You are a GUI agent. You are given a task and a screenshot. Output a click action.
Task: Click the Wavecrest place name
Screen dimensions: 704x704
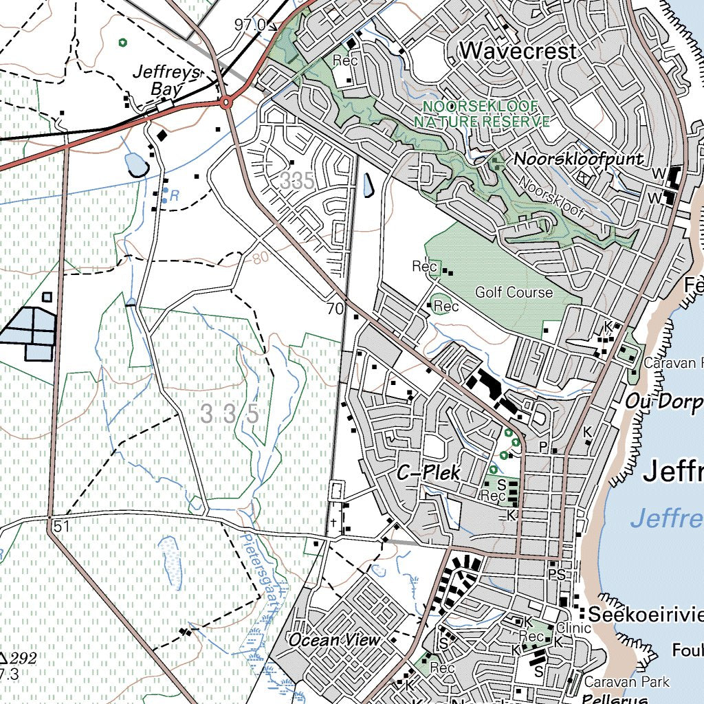(518, 50)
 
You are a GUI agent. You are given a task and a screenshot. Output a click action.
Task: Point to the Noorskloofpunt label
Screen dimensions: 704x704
(579, 159)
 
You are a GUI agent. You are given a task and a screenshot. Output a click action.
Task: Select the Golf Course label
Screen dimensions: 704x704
(514, 292)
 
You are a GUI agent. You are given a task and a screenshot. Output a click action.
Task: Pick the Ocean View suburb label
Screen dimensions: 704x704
(334, 639)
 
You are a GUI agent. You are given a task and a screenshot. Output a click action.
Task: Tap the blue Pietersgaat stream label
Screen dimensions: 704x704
(260, 571)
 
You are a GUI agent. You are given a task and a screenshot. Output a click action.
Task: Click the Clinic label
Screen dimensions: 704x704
(573, 628)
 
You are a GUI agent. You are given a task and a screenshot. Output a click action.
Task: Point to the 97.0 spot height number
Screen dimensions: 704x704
(250, 25)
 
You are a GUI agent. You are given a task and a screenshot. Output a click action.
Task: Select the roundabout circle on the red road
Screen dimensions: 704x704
(225, 103)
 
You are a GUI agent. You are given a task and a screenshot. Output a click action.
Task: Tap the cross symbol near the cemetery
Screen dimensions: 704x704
(333, 522)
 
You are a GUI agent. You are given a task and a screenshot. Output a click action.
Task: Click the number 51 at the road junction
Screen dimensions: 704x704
(61, 526)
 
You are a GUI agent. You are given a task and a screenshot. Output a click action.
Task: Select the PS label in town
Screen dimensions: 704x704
(556, 573)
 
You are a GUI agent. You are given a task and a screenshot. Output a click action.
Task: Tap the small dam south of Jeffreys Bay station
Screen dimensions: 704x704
(135, 165)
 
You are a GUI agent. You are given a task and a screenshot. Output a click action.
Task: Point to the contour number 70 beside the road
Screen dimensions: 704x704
(335, 309)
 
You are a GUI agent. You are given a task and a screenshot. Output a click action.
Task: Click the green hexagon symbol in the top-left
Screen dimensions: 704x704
(122, 42)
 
